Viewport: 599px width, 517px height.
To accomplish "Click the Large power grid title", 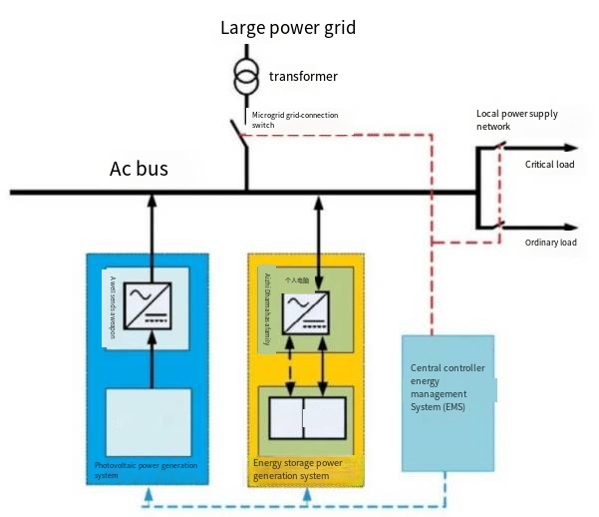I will click(x=287, y=28).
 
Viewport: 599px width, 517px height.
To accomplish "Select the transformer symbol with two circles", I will click(x=244, y=76).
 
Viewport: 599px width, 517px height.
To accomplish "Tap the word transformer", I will click(x=303, y=77).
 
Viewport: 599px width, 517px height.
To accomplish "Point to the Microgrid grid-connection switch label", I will click(x=294, y=120).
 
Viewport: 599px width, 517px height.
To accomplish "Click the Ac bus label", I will click(x=139, y=169).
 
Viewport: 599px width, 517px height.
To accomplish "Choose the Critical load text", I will click(x=550, y=165).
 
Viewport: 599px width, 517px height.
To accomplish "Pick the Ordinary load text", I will click(x=550, y=243).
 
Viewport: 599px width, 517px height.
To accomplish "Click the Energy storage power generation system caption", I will click(x=297, y=469).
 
